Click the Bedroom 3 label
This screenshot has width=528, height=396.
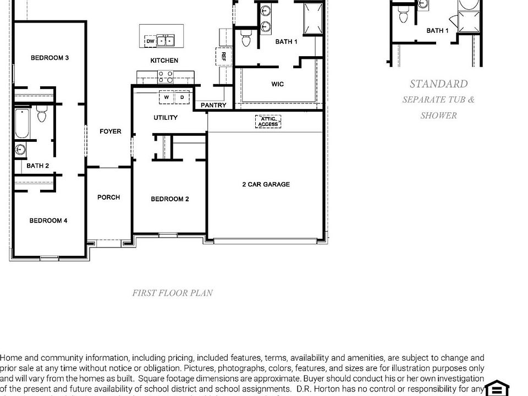click(50, 58)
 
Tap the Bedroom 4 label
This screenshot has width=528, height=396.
click(48, 221)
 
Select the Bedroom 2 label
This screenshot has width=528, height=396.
click(170, 199)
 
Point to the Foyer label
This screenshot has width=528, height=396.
click(110, 131)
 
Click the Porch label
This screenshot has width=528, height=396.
click(108, 197)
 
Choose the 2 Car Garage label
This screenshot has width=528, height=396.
click(266, 185)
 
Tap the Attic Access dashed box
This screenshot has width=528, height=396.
click(268, 122)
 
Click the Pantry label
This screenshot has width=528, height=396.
click(213, 105)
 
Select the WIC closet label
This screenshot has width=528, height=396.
click(278, 84)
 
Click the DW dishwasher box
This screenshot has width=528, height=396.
click(150, 41)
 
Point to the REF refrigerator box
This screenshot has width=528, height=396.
click(223, 57)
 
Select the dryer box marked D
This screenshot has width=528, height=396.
click(183, 97)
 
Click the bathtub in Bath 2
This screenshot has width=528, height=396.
click(21, 124)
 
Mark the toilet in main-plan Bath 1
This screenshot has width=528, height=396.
click(246, 38)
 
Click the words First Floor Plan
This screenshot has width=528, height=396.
click(172, 293)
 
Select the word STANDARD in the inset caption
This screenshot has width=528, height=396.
click(438, 84)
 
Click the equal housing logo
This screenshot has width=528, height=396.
click(497, 388)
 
